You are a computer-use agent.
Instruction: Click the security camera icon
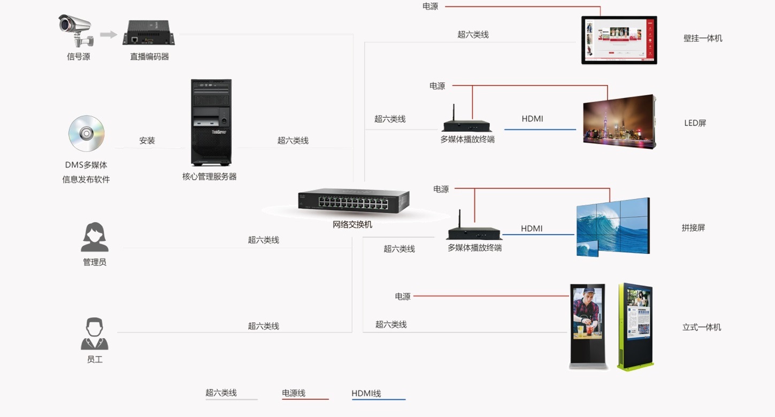click(x=76, y=31)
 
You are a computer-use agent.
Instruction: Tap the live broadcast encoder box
click(x=149, y=33)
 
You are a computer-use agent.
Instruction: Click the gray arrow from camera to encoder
click(x=108, y=34)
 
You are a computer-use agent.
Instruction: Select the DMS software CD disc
click(x=87, y=133)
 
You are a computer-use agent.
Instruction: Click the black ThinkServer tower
click(x=211, y=123)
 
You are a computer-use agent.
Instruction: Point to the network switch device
click(x=354, y=200)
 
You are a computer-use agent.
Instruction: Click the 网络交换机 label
click(x=352, y=224)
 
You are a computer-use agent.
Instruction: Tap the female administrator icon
click(x=95, y=237)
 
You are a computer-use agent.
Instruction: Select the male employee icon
click(x=95, y=333)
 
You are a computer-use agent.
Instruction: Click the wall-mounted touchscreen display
click(x=619, y=40)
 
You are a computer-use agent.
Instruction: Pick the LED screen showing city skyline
click(x=619, y=122)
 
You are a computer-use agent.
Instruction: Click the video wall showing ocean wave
click(x=613, y=227)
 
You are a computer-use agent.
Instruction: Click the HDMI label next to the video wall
click(x=532, y=229)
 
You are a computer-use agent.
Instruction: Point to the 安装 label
click(x=147, y=141)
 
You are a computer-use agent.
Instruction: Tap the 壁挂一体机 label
click(x=703, y=38)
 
